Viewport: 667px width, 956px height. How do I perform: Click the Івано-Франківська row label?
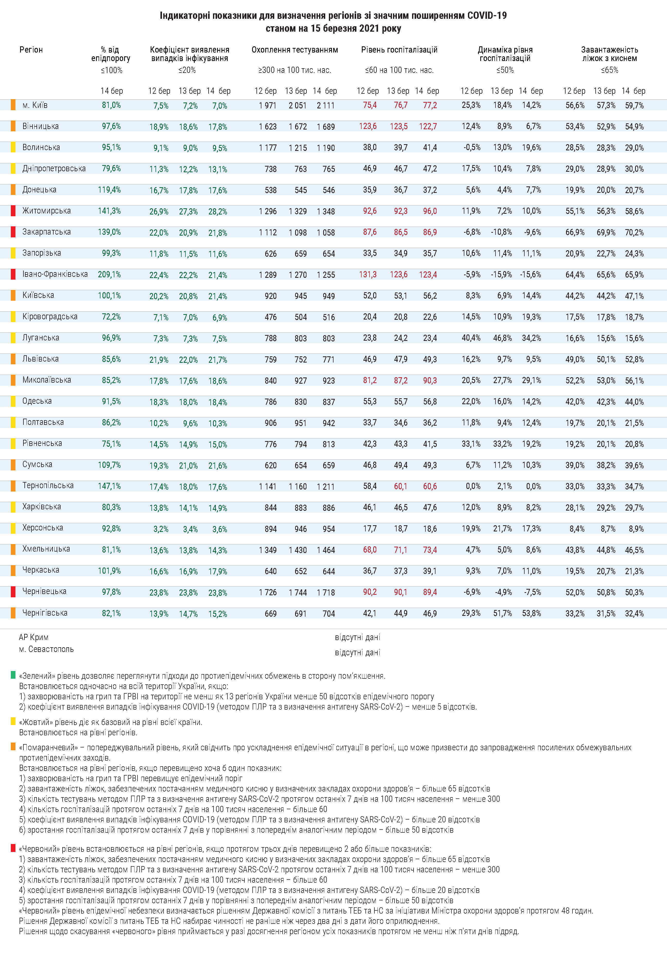(x=55, y=274)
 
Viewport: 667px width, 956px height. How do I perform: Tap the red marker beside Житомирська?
(x=13, y=211)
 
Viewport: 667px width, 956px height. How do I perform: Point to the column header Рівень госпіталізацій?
(x=399, y=50)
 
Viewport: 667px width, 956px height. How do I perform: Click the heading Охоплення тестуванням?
(x=294, y=50)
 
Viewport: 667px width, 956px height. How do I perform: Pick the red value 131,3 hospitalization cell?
(x=368, y=274)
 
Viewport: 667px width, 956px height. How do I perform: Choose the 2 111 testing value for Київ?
(x=326, y=105)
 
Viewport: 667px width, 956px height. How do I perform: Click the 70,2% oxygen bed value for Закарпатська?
(x=634, y=232)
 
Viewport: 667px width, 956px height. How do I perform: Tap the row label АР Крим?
(x=33, y=637)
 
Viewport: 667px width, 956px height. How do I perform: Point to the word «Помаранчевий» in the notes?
(x=48, y=747)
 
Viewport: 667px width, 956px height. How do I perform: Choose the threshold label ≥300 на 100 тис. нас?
(x=294, y=70)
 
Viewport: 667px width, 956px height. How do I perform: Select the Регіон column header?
(x=31, y=50)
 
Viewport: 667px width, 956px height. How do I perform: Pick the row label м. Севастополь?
(x=46, y=649)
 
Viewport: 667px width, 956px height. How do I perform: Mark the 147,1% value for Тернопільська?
(x=109, y=486)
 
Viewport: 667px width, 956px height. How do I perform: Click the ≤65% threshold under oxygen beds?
(x=609, y=70)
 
